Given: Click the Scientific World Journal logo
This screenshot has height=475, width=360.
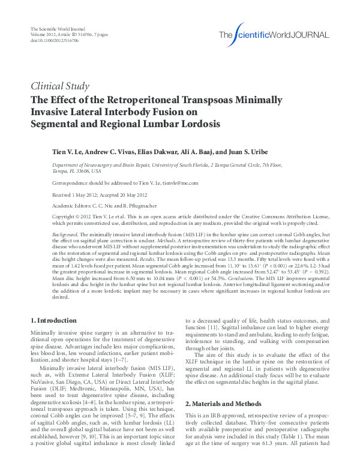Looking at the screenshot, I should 274,34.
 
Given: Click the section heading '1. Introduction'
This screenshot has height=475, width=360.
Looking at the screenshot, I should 53,320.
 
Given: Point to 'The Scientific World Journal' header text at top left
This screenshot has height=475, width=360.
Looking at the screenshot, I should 58,30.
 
